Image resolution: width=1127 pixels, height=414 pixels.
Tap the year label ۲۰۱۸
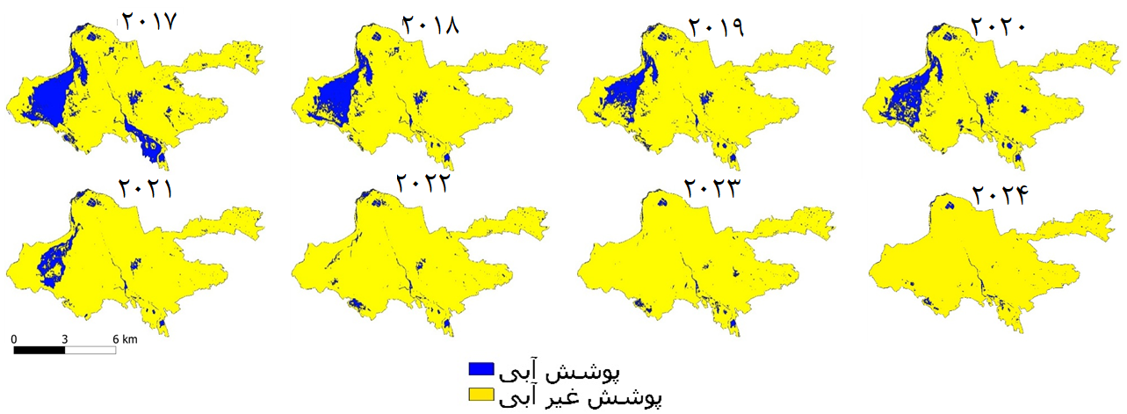(x=430, y=24)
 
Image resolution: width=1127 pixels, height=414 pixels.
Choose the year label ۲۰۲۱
(x=146, y=187)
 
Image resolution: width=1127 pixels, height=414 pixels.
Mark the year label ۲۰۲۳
(x=712, y=189)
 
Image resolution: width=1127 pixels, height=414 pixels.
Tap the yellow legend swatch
(x=481, y=395)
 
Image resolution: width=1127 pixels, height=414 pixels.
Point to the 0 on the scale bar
(x=15, y=338)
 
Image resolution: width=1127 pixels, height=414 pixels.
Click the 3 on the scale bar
(x=65, y=338)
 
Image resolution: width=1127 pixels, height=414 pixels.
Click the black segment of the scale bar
(x=40, y=350)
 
